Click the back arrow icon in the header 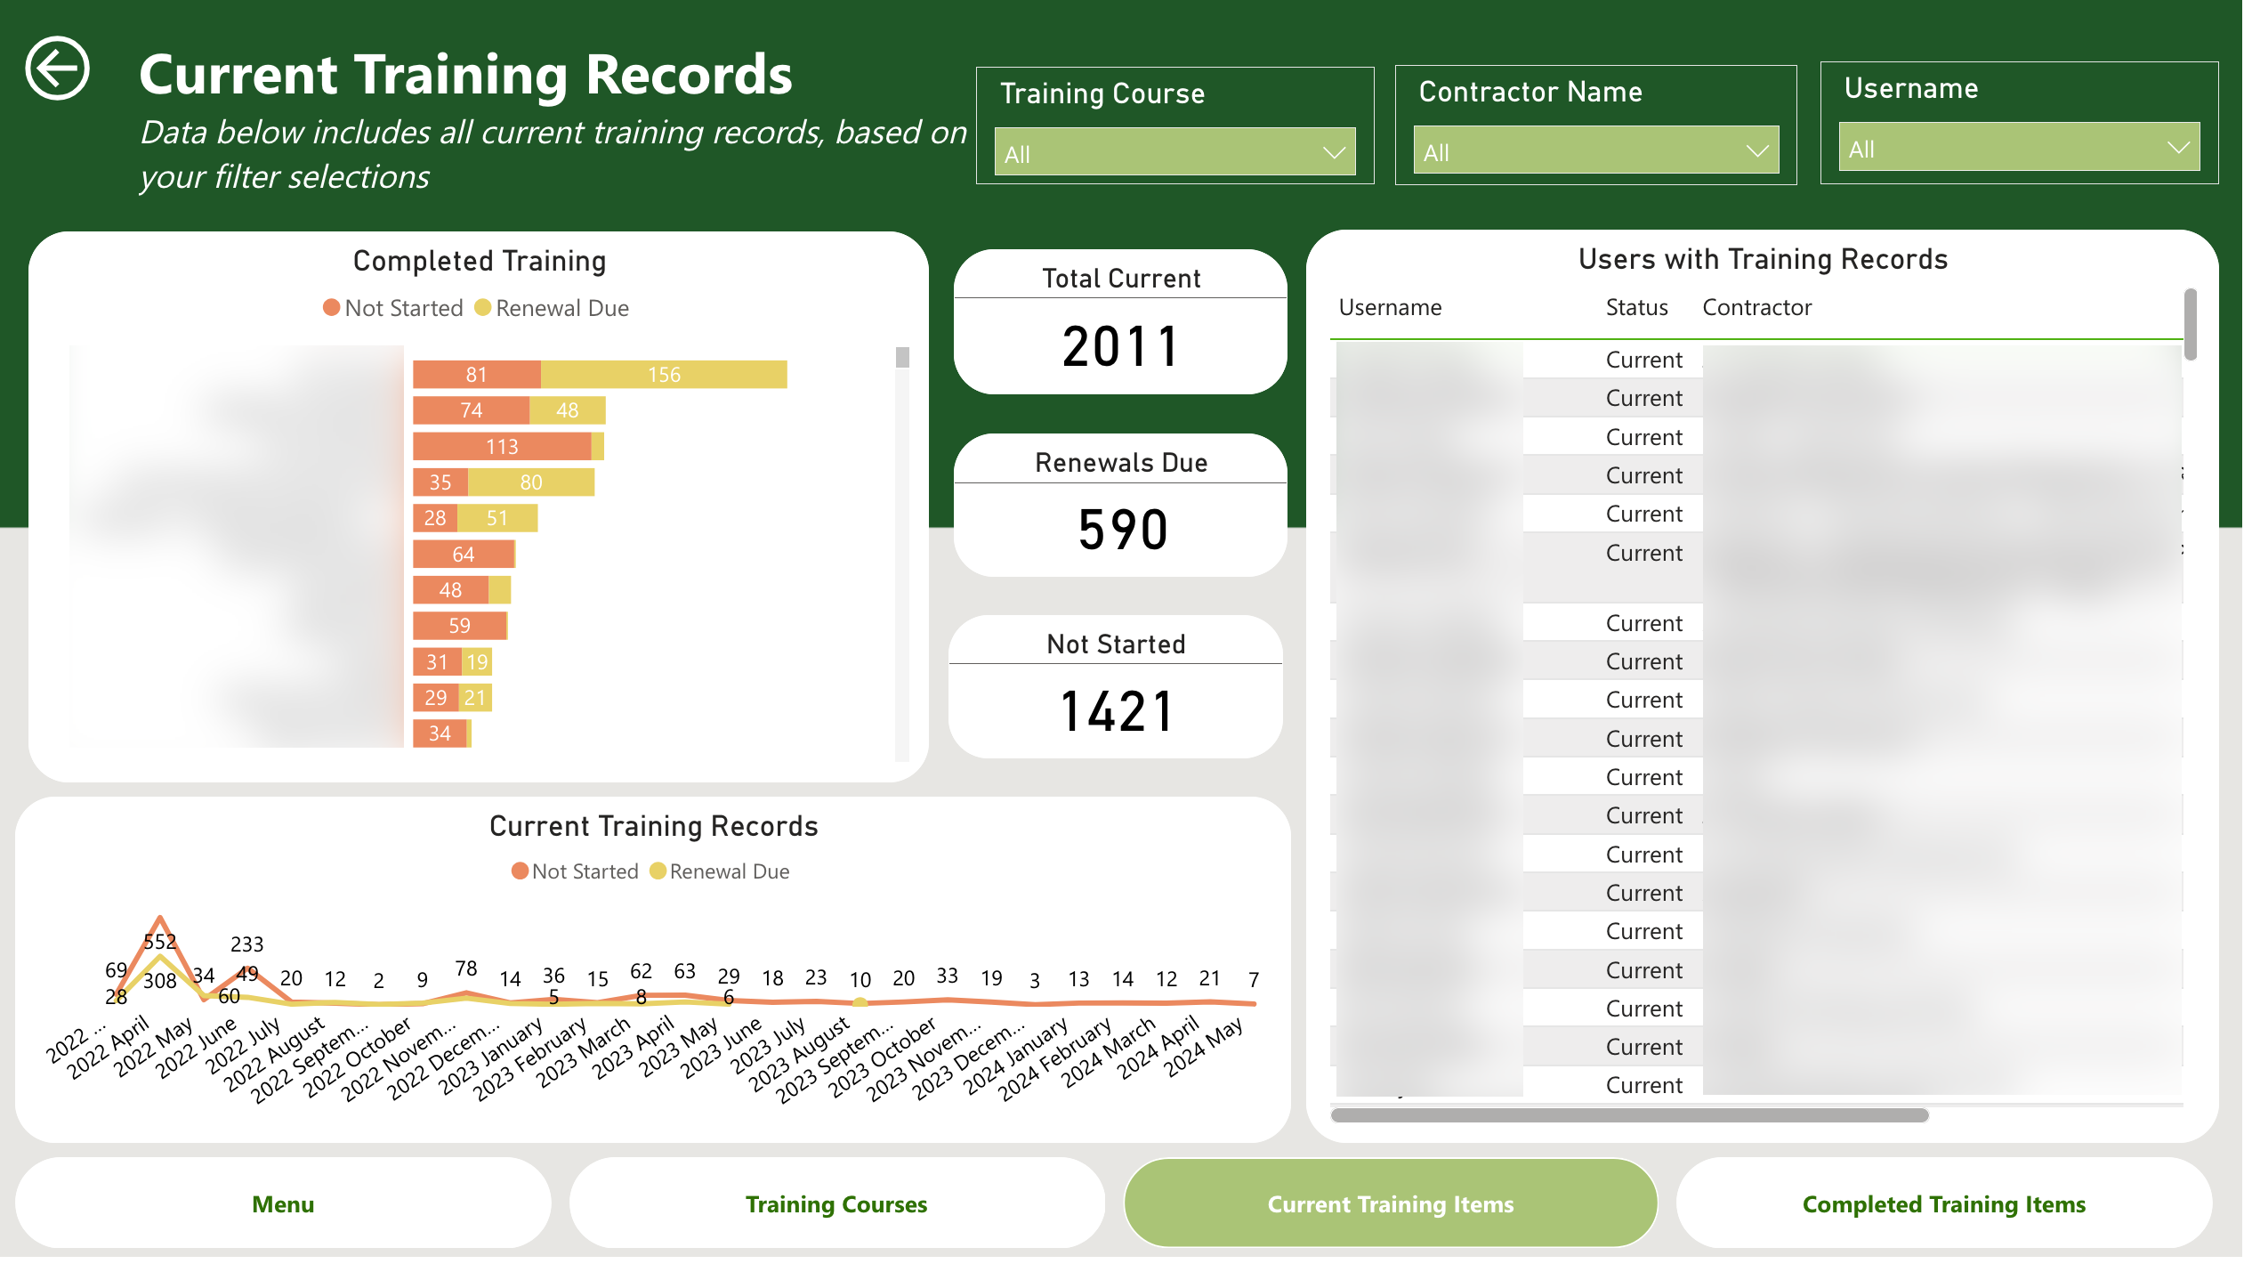coord(58,69)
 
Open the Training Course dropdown coord(1174,152)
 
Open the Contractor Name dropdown coord(1595,150)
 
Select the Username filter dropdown coord(2018,148)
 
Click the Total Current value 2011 coord(1120,347)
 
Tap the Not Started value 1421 coord(1117,712)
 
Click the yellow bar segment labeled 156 coord(664,375)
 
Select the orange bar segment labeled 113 coord(502,447)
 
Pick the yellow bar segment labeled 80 coord(531,482)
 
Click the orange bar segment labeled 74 coord(471,410)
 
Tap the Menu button coord(283,1204)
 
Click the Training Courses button coord(836,1204)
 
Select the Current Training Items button coord(1390,1204)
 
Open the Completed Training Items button coord(1943,1204)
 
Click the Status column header coord(1636,308)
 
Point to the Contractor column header coord(1756,308)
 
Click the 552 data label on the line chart coord(160,942)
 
